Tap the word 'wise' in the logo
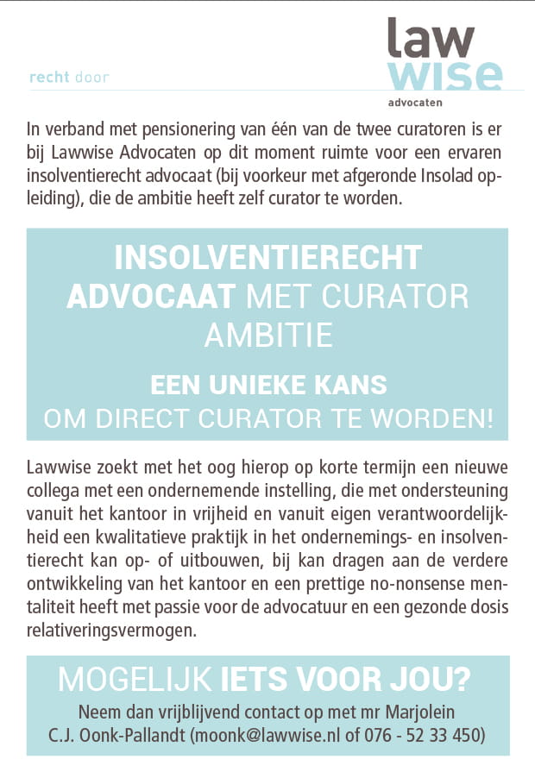(444, 75)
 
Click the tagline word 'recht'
(48, 78)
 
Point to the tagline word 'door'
(92, 78)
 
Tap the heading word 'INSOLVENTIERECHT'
(267, 258)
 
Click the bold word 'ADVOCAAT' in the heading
(152, 296)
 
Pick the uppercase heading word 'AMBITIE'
(267, 334)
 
